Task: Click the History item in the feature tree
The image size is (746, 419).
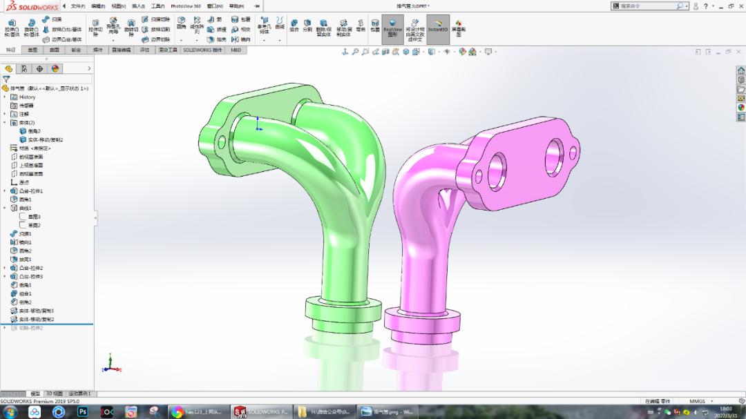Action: pos(27,97)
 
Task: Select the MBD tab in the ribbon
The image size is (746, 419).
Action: pos(236,50)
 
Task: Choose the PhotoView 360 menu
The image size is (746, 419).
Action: pos(186,6)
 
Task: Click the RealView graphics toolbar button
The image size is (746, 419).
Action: pos(392,30)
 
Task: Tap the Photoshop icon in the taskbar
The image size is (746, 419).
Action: pos(83,412)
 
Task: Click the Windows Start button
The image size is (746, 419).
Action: pos(11,412)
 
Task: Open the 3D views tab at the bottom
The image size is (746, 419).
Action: pos(54,393)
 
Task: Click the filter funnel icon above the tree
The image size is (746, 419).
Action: pos(6,79)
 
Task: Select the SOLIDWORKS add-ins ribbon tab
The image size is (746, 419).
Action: pos(202,50)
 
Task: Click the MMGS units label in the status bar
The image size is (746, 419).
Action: pos(697,401)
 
